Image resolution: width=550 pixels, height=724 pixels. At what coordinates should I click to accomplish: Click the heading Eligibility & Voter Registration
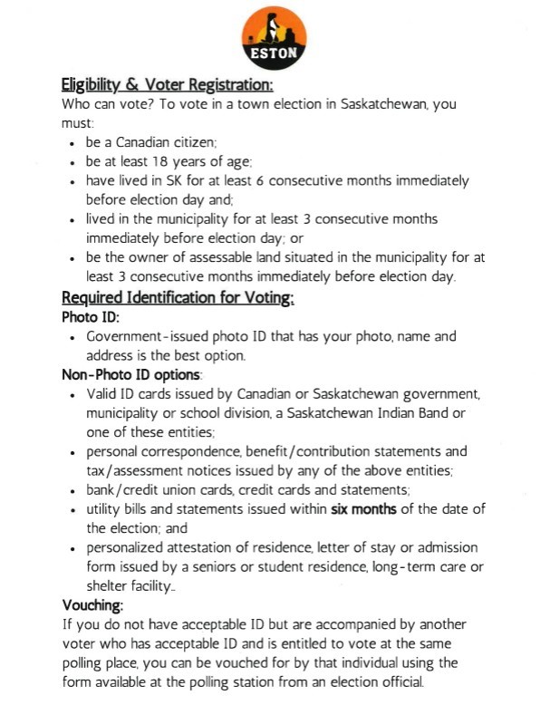[x=167, y=85]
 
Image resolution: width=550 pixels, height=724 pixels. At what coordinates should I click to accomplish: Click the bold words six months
[x=363, y=508]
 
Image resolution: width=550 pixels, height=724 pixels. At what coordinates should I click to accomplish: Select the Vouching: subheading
[x=92, y=604]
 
